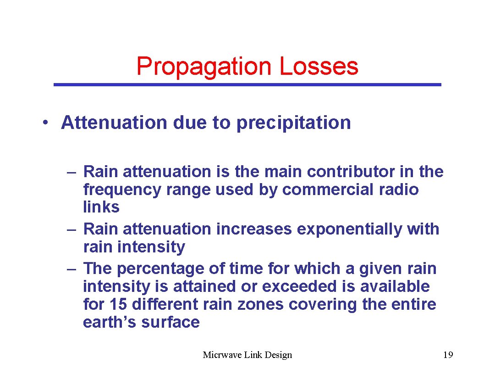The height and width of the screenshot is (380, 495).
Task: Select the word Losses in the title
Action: click(x=319, y=66)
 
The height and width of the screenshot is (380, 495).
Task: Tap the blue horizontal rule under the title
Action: click(x=247, y=85)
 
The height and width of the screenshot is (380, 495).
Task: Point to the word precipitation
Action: click(x=293, y=123)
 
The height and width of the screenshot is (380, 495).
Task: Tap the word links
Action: click(x=101, y=207)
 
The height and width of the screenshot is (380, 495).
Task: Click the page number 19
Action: click(x=448, y=355)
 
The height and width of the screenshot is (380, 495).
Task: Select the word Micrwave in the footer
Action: click(x=220, y=355)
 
